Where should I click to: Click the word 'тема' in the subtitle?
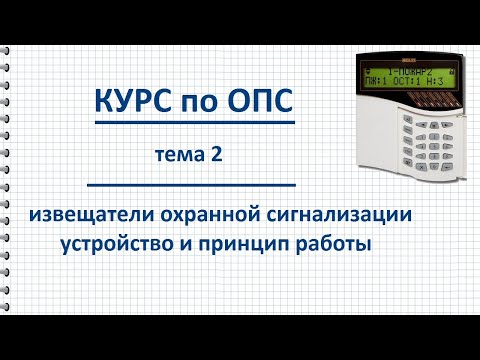181,154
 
